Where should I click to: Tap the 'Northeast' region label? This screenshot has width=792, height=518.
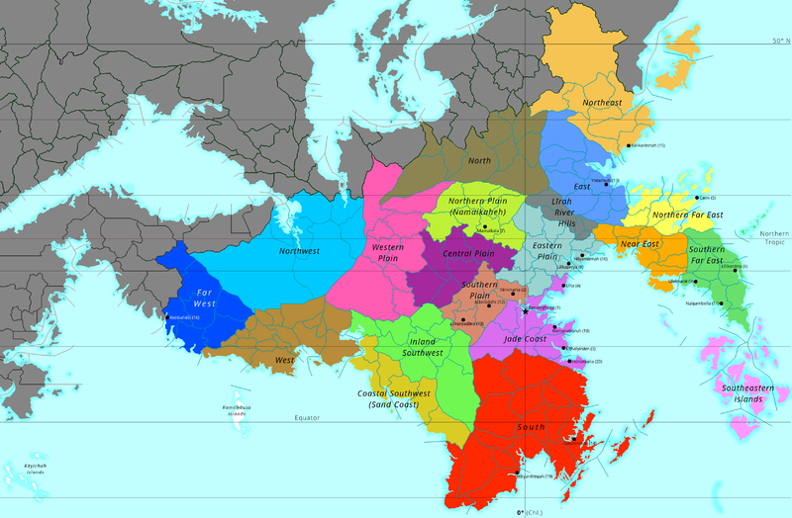[x=602, y=103]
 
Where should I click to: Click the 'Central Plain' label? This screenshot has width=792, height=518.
[x=468, y=254]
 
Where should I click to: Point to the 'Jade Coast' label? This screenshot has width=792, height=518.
[x=525, y=339]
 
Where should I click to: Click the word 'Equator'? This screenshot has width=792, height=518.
[x=308, y=418]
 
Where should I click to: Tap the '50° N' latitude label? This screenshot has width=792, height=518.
[x=781, y=42]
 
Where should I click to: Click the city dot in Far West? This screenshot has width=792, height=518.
[x=166, y=317]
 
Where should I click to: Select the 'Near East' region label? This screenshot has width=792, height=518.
[x=640, y=243]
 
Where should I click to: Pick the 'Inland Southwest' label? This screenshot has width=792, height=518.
[x=409, y=347]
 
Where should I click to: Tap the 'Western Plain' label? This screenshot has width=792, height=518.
[x=387, y=252]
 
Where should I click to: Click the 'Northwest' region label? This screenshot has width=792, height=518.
[x=299, y=251]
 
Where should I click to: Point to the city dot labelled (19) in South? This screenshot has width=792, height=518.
[x=517, y=476]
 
